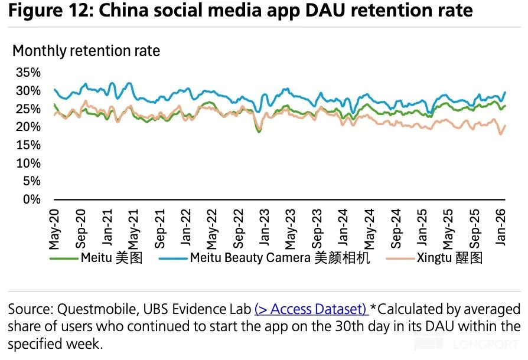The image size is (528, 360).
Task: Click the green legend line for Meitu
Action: point(63,258)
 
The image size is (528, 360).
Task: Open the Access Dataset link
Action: point(311,309)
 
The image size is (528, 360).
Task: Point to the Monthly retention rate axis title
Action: point(86,51)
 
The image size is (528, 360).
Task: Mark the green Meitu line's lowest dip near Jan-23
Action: point(259,132)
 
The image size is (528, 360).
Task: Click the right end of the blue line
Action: point(505,92)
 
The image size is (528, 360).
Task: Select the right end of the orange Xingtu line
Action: point(505,125)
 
